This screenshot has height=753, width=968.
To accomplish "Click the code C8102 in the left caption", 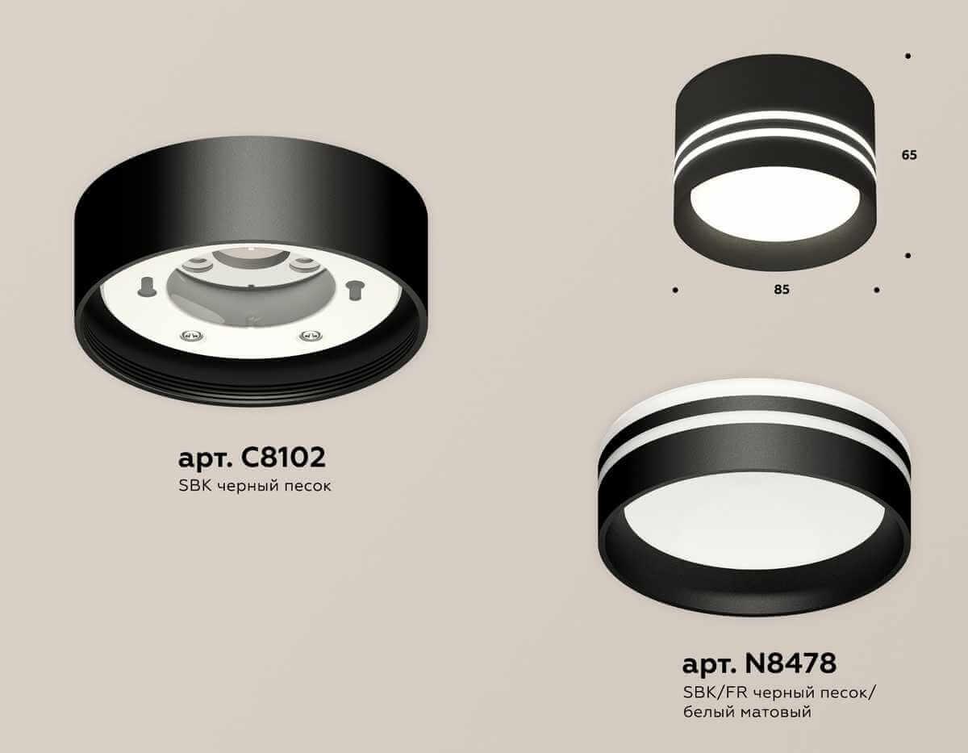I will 283,458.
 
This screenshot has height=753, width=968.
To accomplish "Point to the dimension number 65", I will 909,156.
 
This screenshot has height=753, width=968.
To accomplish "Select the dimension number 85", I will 781,290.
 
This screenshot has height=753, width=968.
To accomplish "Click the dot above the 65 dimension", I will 908,56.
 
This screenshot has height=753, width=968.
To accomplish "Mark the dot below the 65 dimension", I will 908,256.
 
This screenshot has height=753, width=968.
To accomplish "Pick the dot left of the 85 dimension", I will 674,289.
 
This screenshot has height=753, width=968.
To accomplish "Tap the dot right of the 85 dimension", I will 877,289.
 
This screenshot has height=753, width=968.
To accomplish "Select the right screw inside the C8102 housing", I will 306,335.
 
